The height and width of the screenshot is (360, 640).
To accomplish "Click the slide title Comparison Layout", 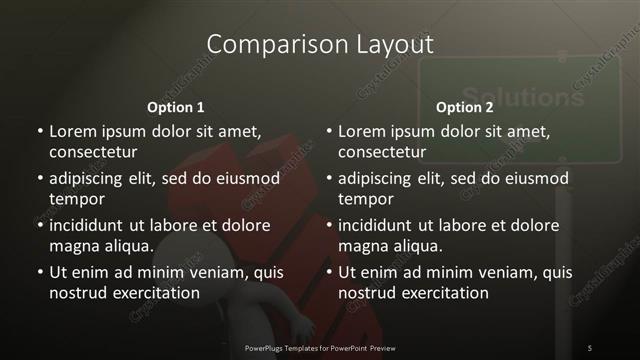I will click(x=319, y=45).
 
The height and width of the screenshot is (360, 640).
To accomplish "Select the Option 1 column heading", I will click(x=175, y=107).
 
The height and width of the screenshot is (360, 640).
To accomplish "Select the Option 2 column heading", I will click(x=465, y=107).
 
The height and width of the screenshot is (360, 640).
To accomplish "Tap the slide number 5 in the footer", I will click(x=590, y=347).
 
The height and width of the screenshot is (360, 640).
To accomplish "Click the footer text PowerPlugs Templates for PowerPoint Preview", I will click(x=319, y=347).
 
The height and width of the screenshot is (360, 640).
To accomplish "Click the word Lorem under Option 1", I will click(x=71, y=131).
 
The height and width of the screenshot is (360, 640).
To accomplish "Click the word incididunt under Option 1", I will click(x=89, y=225).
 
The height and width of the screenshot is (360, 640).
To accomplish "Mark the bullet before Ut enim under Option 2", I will click(x=329, y=273).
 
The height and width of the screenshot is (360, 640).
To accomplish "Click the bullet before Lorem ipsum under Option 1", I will click(x=39, y=132).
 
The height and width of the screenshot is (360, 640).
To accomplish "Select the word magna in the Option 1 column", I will click(x=70, y=246).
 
